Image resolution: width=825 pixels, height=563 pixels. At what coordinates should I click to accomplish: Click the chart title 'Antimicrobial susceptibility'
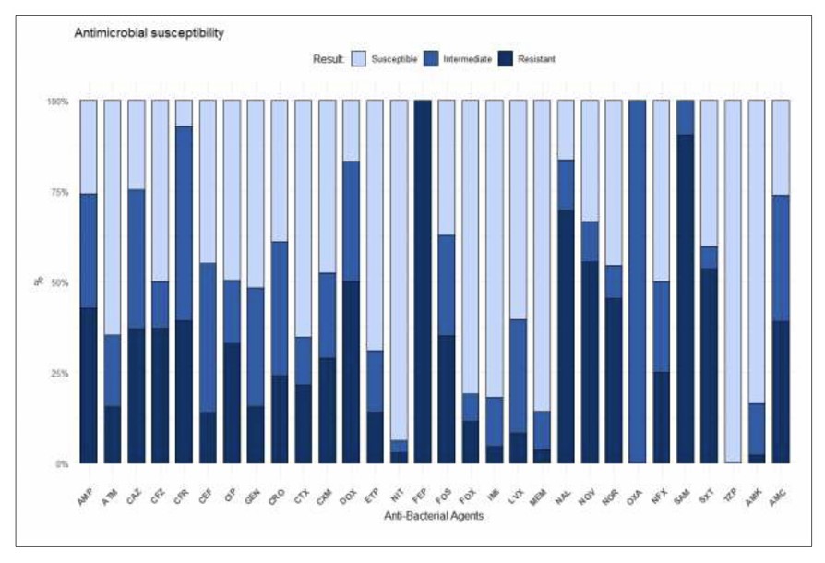click(149, 32)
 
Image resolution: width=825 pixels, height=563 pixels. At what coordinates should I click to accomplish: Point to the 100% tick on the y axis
click(58, 102)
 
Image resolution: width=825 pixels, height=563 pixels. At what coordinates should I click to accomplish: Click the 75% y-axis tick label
click(60, 192)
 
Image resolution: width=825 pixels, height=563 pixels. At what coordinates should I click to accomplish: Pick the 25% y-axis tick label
click(60, 373)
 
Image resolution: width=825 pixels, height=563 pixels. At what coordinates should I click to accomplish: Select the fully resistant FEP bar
click(423, 281)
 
